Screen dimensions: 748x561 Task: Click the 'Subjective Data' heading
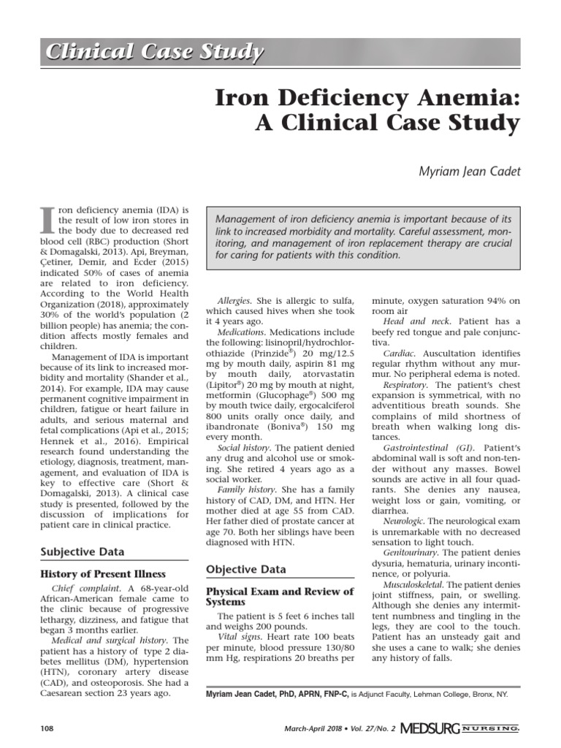(x=82, y=552)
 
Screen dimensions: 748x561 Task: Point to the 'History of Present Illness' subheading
(x=102, y=573)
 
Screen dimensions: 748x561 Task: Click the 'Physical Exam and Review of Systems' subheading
(x=279, y=596)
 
